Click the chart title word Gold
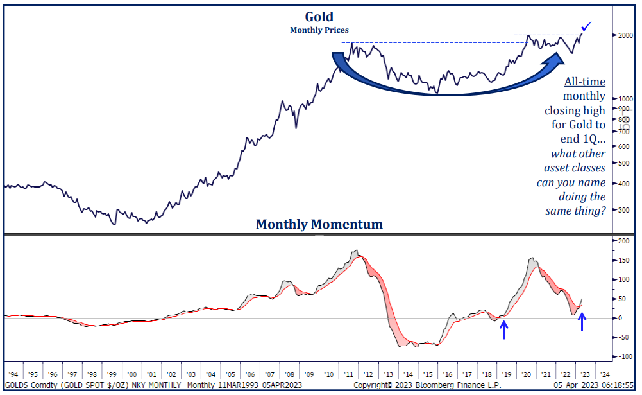pyautogui.click(x=319, y=17)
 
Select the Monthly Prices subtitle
pyautogui.click(x=319, y=30)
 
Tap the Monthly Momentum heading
pyautogui.click(x=319, y=224)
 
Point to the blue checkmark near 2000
pyautogui.click(x=587, y=26)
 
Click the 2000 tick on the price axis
pyautogui.click(x=625, y=35)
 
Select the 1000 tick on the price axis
pyautogui.click(x=625, y=99)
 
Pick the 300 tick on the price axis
pyautogui.click(x=624, y=210)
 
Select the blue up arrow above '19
pyautogui.click(x=505, y=330)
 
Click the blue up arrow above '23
pyautogui.click(x=582, y=321)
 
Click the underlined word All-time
pyautogui.click(x=584, y=82)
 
